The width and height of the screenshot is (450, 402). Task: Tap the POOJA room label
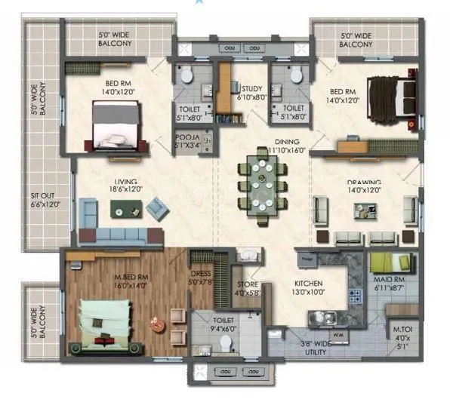pyautogui.click(x=186, y=141)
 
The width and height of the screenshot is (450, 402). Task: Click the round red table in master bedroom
pyautogui.click(x=157, y=324)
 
